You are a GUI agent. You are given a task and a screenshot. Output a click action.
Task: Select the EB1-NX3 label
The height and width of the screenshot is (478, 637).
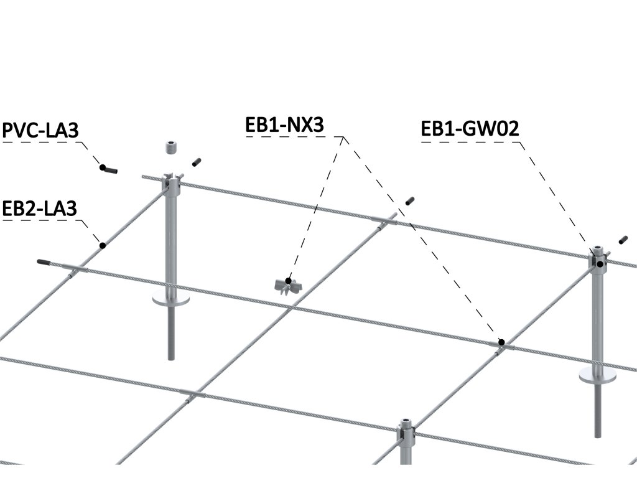point(285,125)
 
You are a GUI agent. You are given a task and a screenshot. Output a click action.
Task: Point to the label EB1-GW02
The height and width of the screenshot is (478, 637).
point(470,129)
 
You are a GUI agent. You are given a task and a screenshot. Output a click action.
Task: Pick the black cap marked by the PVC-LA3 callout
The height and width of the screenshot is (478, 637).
point(109,168)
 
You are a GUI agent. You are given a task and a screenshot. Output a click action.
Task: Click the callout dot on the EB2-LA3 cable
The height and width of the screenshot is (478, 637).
point(103,245)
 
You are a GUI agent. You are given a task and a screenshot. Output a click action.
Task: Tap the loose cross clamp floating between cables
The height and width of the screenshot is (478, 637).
point(287,285)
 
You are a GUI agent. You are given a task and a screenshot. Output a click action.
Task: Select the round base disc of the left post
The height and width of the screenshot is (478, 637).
point(171,301)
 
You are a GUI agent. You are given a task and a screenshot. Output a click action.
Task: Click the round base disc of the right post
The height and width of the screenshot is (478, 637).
point(597,375)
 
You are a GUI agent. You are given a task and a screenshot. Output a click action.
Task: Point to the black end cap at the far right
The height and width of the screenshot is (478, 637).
point(623,240)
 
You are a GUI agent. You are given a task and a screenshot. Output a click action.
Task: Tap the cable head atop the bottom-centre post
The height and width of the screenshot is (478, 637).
point(406,428)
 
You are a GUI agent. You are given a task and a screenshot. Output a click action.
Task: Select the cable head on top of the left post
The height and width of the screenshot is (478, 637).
point(172,182)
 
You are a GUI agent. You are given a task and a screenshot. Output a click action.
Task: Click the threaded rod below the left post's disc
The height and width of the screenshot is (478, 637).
point(171,333)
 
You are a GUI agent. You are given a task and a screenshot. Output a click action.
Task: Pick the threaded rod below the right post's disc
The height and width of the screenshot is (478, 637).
point(598,411)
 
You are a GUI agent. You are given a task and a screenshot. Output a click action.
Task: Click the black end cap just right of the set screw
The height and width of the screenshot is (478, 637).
point(197,162)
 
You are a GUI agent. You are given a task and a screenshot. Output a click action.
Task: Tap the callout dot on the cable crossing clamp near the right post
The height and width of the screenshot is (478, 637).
point(501,342)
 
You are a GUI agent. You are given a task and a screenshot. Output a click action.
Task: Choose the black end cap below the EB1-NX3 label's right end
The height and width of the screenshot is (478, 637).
point(409,200)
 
